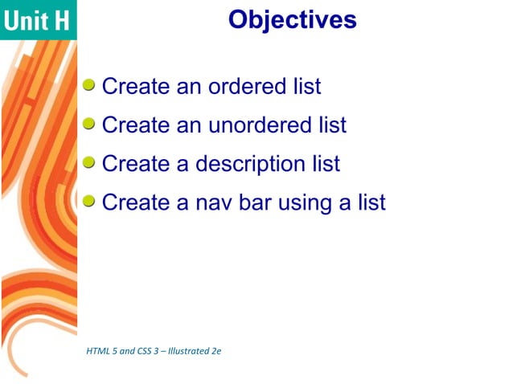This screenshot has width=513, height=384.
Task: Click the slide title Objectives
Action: pos(292,18)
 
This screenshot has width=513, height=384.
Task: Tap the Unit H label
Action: pos(37,21)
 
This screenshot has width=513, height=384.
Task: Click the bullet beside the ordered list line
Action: pos(90,84)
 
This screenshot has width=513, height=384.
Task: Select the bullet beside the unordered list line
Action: pos(90,123)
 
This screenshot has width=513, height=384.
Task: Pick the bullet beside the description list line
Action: pos(90,162)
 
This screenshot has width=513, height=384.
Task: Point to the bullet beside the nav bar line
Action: pos(90,201)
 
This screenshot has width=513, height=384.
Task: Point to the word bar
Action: pos(252,202)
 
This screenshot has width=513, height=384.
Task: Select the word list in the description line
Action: pos(326,164)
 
